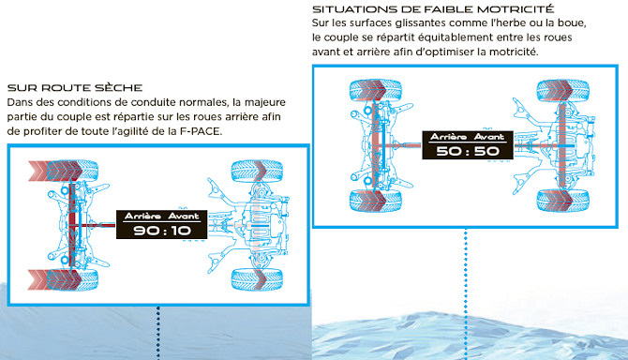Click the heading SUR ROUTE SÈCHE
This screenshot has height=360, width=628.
coord(75,88)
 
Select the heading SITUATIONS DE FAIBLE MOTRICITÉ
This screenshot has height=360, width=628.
coord(433,8)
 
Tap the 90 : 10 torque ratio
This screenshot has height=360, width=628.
coord(162,231)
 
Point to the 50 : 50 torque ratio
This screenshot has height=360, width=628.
coord(468,151)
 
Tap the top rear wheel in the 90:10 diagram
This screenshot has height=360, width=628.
coord(72,171)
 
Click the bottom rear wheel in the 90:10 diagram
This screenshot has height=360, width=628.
coord(72,279)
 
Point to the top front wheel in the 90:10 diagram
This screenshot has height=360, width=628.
coord(258,171)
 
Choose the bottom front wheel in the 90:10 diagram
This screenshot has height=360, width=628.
coord(258,279)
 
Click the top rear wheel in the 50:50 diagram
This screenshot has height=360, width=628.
coord(376,90)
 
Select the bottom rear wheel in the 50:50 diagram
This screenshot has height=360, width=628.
coord(376,201)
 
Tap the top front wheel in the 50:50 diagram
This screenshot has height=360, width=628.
coord(562,90)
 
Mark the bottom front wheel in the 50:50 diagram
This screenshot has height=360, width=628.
coord(562,201)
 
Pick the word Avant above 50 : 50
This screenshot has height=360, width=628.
coord(489,137)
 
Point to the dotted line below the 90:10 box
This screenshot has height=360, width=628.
coord(158,333)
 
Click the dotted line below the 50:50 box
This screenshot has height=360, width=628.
coord(466,294)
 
